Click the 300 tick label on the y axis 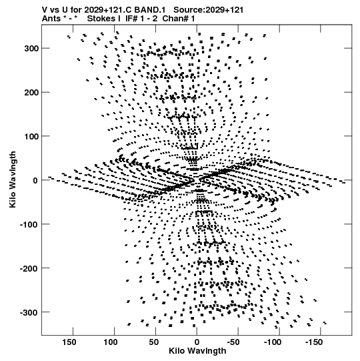tap(31, 49)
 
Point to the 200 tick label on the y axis tap(31, 93)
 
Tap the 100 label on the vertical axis tap(31, 136)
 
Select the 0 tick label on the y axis tap(35, 180)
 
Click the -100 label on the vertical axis tap(29, 224)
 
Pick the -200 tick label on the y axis tap(29, 268)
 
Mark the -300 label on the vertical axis tap(29, 312)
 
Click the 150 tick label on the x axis tap(69, 342)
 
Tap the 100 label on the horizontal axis tap(110, 342)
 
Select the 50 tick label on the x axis tap(153, 342)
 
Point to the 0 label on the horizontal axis tap(197, 342)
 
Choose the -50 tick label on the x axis tap(233, 342)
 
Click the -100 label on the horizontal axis tap(273, 342)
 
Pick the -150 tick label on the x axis tap(314, 342)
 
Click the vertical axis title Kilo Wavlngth tap(13, 179)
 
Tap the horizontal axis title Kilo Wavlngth tap(197, 351)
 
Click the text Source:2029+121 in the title tap(209, 10)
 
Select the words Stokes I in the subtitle tap(104, 19)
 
